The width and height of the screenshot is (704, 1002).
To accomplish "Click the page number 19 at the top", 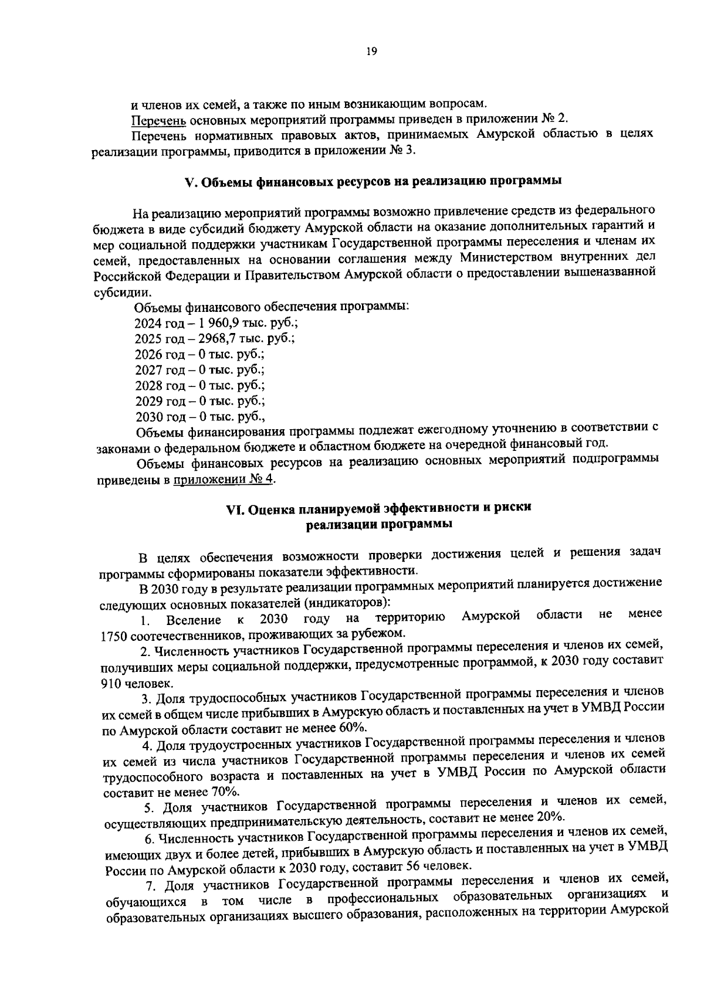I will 371,51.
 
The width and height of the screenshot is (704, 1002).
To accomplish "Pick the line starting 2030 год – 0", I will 200,417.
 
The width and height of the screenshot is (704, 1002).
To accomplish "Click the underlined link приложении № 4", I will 224,480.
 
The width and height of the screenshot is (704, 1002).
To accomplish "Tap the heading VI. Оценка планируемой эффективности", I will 378,508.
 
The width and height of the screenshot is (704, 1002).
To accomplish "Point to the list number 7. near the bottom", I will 154,884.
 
